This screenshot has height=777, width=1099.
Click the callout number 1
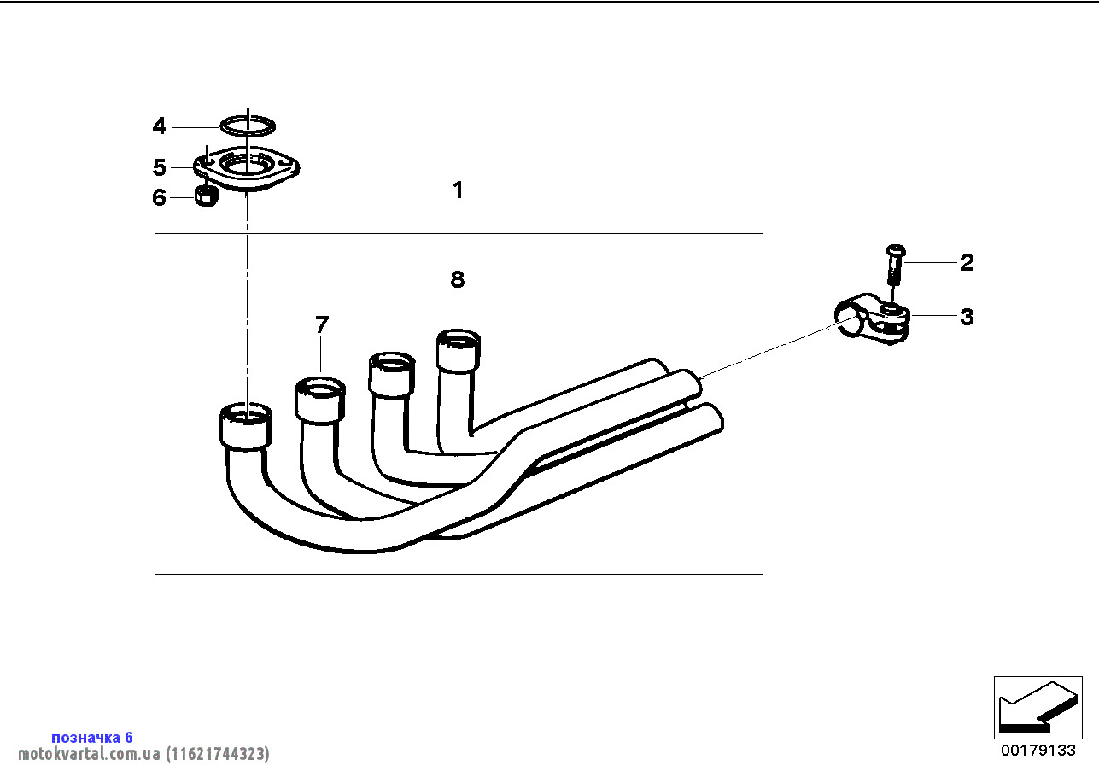click(458, 190)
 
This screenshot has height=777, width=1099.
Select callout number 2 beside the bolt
click(967, 262)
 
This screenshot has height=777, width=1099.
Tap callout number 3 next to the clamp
click(967, 317)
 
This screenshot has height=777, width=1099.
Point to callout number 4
click(159, 127)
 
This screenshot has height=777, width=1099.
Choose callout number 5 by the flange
click(159, 167)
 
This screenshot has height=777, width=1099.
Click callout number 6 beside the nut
click(159, 198)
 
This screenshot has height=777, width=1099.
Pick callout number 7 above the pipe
click(321, 324)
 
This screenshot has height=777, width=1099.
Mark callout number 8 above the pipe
click(458, 279)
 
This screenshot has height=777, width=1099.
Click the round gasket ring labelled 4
click(248, 126)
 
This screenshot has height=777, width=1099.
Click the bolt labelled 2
click(893, 265)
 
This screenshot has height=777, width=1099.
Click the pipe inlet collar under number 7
click(320, 400)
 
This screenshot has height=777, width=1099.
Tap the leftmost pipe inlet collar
click(246, 426)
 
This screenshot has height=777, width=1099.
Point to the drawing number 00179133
click(1038, 751)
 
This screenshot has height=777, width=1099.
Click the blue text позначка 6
click(92, 737)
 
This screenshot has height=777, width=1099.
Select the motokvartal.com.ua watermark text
click(143, 754)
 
